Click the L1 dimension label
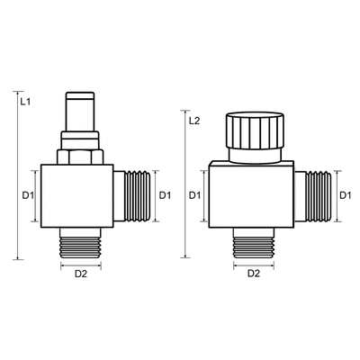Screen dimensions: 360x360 click(25, 102)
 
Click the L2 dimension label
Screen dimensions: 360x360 click(194, 121)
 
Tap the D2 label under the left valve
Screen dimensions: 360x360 click(81, 274)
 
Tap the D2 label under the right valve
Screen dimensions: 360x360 click(254, 274)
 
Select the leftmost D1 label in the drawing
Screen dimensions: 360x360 click(28, 195)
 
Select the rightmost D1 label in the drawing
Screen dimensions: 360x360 click(346, 195)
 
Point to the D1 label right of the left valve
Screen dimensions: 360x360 click(165, 195)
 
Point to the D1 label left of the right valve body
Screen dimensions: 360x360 click(194, 195)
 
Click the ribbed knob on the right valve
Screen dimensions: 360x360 click(255, 130)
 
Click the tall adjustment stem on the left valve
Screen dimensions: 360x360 click(80, 112)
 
